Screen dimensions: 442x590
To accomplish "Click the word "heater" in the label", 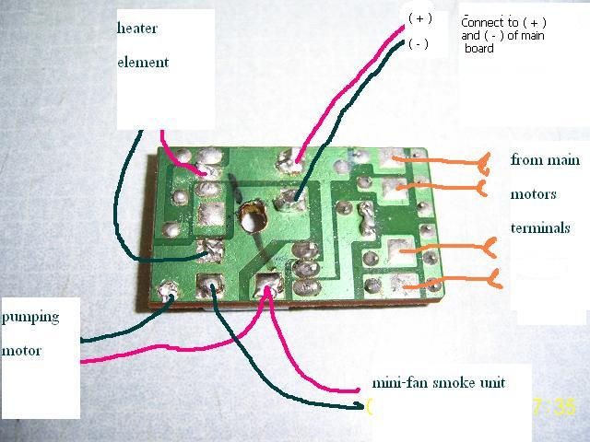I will [136, 29].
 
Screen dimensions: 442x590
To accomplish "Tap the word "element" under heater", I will [143, 63].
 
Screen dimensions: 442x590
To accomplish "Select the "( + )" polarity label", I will [419, 18].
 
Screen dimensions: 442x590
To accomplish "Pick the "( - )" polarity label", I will [419, 44].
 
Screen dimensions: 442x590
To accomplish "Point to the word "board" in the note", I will [479, 49].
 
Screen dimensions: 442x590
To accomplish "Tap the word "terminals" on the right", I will [540, 227].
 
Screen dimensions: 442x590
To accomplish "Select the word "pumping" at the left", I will [30, 317].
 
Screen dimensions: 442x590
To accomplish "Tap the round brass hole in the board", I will [251, 218].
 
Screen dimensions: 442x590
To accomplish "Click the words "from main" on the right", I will [545, 160].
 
